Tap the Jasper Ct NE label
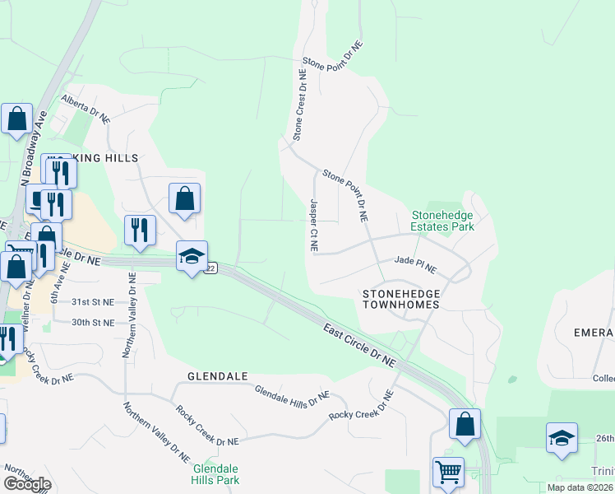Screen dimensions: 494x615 click(313, 225)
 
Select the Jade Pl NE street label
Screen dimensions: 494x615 click(415, 263)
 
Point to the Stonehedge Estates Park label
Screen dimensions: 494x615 click(443, 220)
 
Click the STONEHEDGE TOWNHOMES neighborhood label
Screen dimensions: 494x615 click(401, 299)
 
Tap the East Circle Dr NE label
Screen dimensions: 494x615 click(358, 343)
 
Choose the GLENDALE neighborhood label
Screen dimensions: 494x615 click(218, 376)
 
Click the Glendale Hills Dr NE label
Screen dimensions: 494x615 click(291, 400)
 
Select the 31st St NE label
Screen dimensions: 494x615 click(93, 302)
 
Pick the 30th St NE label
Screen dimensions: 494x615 click(93, 323)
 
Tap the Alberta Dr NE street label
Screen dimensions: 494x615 click(86, 108)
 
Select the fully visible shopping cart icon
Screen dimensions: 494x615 click(448, 473)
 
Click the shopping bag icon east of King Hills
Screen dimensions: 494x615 click(185, 198)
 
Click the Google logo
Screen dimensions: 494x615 click(27, 484)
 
